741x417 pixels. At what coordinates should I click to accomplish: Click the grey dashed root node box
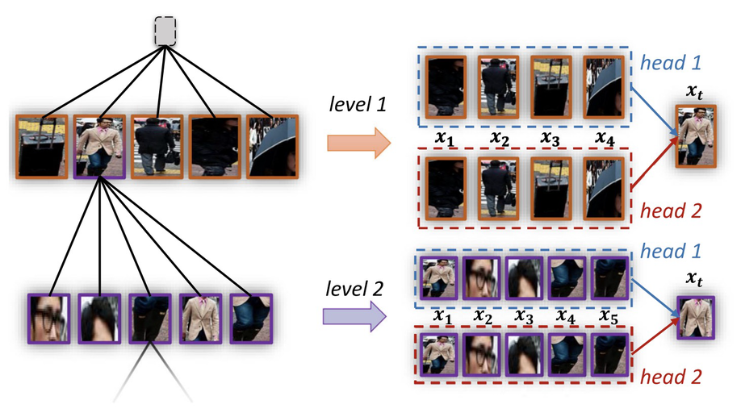[x=165, y=31]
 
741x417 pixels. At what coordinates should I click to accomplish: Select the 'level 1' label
[x=358, y=104]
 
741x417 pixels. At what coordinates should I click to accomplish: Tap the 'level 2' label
[x=354, y=288]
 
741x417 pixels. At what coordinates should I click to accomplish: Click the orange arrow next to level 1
[x=359, y=143]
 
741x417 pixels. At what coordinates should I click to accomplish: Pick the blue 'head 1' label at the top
[x=671, y=62]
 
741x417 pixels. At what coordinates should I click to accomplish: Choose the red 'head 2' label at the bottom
[x=671, y=377]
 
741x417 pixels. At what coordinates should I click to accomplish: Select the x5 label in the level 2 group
[x=608, y=315]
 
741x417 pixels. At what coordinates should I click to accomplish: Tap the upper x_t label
[x=695, y=92]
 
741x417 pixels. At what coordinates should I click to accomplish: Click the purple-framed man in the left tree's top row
[x=100, y=147]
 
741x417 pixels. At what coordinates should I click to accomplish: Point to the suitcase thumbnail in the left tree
[x=42, y=147]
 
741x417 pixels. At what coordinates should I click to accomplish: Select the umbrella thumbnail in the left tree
[x=273, y=147]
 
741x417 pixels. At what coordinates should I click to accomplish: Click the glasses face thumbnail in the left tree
[x=48, y=319]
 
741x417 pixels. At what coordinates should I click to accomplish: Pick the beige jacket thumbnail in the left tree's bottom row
[x=201, y=319]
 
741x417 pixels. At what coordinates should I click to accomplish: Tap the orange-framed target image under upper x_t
[x=696, y=136]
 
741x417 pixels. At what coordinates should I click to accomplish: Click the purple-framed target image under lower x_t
[x=696, y=318]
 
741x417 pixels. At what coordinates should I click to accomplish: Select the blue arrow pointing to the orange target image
[x=655, y=112]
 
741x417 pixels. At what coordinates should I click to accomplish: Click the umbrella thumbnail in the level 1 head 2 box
[x=604, y=189]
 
